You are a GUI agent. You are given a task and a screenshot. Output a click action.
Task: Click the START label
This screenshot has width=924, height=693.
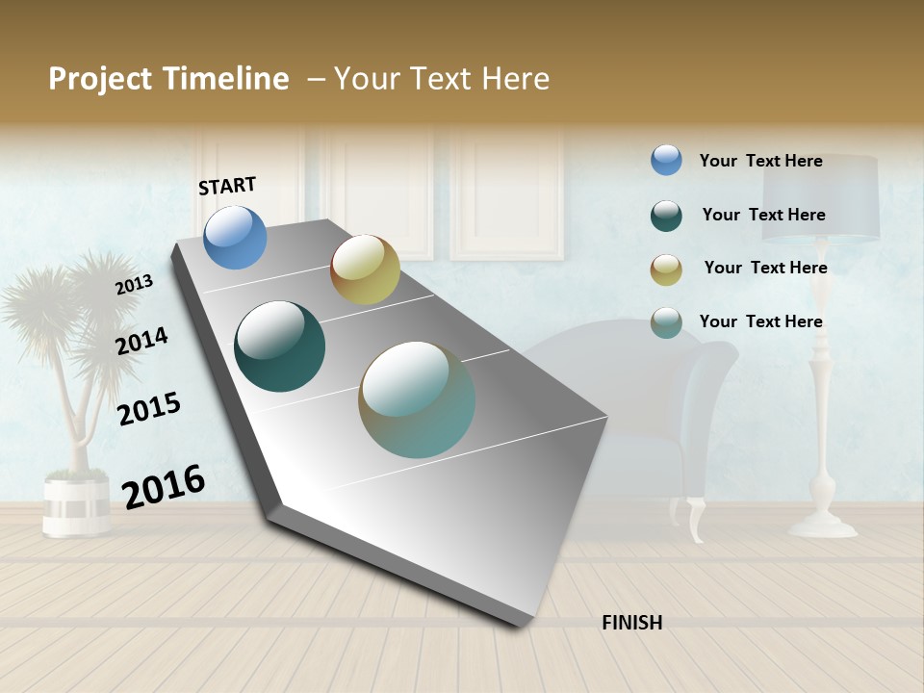pyautogui.click(x=227, y=186)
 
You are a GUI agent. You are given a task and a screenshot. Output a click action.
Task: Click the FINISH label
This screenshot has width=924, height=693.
pyautogui.click(x=631, y=623)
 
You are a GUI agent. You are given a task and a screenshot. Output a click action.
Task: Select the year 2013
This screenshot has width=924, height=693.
pyautogui.click(x=134, y=284)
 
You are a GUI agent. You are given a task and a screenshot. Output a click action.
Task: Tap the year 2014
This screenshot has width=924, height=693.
pyautogui.click(x=141, y=341)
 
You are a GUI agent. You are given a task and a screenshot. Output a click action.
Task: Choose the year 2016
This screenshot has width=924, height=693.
pyautogui.click(x=164, y=486)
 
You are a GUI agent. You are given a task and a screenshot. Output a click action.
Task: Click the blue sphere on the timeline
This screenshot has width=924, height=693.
pyautogui.click(x=235, y=237)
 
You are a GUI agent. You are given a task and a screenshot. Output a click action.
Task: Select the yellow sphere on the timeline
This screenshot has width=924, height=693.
pyautogui.click(x=365, y=269)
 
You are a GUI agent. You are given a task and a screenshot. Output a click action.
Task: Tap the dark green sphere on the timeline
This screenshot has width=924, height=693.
pyautogui.click(x=279, y=346)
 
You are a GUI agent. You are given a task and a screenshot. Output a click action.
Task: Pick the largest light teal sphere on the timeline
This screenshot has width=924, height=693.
pyautogui.click(x=417, y=399)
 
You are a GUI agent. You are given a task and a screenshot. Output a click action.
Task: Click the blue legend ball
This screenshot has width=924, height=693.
pyautogui.click(x=666, y=160)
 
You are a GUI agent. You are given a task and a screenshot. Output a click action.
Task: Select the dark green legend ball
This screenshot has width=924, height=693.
pyautogui.click(x=666, y=215)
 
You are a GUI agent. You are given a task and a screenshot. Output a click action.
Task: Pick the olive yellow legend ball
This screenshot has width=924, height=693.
pyautogui.click(x=666, y=269)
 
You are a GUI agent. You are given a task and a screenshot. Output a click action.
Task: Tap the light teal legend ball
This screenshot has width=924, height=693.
pyautogui.click(x=666, y=322)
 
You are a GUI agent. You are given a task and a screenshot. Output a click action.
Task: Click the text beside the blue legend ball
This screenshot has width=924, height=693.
pyautogui.click(x=760, y=161)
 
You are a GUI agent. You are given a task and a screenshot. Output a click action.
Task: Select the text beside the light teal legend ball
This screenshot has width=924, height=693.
pyautogui.click(x=760, y=321)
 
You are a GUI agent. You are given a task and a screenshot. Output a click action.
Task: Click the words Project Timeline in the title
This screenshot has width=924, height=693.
pyautogui.click(x=168, y=79)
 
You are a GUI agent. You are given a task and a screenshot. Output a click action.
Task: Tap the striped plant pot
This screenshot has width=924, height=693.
pyautogui.click(x=76, y=504)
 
